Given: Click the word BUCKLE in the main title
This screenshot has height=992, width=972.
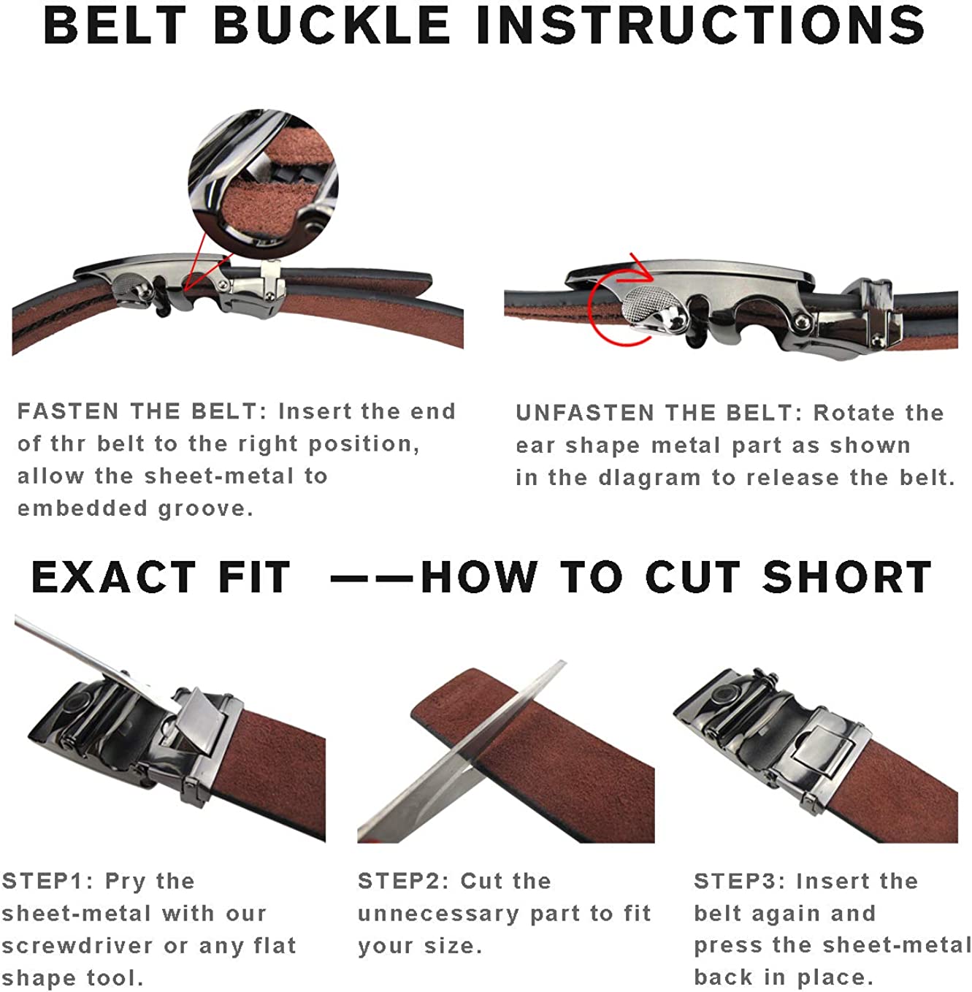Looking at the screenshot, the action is click(332, 24).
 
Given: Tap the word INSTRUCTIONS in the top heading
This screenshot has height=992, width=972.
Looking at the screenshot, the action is click(700, 24).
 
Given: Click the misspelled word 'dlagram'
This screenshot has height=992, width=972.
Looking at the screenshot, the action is click(649, 478).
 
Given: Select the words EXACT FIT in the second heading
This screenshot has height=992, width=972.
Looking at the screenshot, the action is click(161, 577).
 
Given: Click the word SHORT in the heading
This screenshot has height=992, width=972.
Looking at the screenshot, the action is click(847, 577).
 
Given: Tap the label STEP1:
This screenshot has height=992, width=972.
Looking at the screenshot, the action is click(48, 881).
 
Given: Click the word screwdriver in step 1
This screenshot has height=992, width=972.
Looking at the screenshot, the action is click(77, 946).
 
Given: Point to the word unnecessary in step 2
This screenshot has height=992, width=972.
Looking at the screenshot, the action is click(439, 914).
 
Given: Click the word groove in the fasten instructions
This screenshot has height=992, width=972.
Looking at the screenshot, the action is click(205, 508).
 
